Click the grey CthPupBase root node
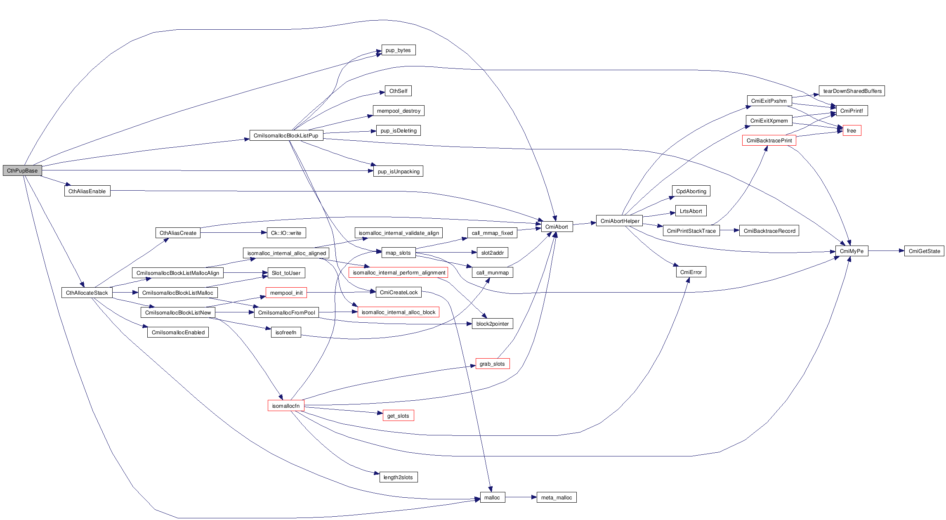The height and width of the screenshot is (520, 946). [x=22, y=170]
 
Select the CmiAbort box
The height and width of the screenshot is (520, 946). [x=557, y=227]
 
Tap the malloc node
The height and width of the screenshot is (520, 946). [x=492, y=497]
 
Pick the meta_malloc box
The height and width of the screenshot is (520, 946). [x=556, y=497]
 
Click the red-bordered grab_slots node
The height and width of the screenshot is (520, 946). [x=492, y=364]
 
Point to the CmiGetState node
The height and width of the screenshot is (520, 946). [x=924, y=251]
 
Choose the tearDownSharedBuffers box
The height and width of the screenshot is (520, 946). [x=852, y=91]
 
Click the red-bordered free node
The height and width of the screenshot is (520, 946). [x=852, y=130]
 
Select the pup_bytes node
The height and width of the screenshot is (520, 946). [x=398, y=50]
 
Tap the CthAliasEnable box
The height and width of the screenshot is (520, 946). [x=87, y=191]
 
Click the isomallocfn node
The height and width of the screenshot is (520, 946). [x=286, y=406]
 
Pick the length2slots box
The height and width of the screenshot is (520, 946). [x=398, y=477]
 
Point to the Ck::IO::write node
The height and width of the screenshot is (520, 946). [x=286, y=233]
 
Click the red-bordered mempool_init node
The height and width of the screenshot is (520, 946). [x=286, y=293]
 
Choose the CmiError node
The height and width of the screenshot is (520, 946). [x=691, y=272]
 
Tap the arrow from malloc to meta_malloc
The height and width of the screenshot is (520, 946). [x=521, y=497]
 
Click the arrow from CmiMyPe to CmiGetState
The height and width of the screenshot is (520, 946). [x=886, y=251]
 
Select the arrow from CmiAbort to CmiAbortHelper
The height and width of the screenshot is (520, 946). [x=585, y=223]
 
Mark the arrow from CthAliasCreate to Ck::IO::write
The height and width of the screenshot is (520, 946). [x=234, y=233]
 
